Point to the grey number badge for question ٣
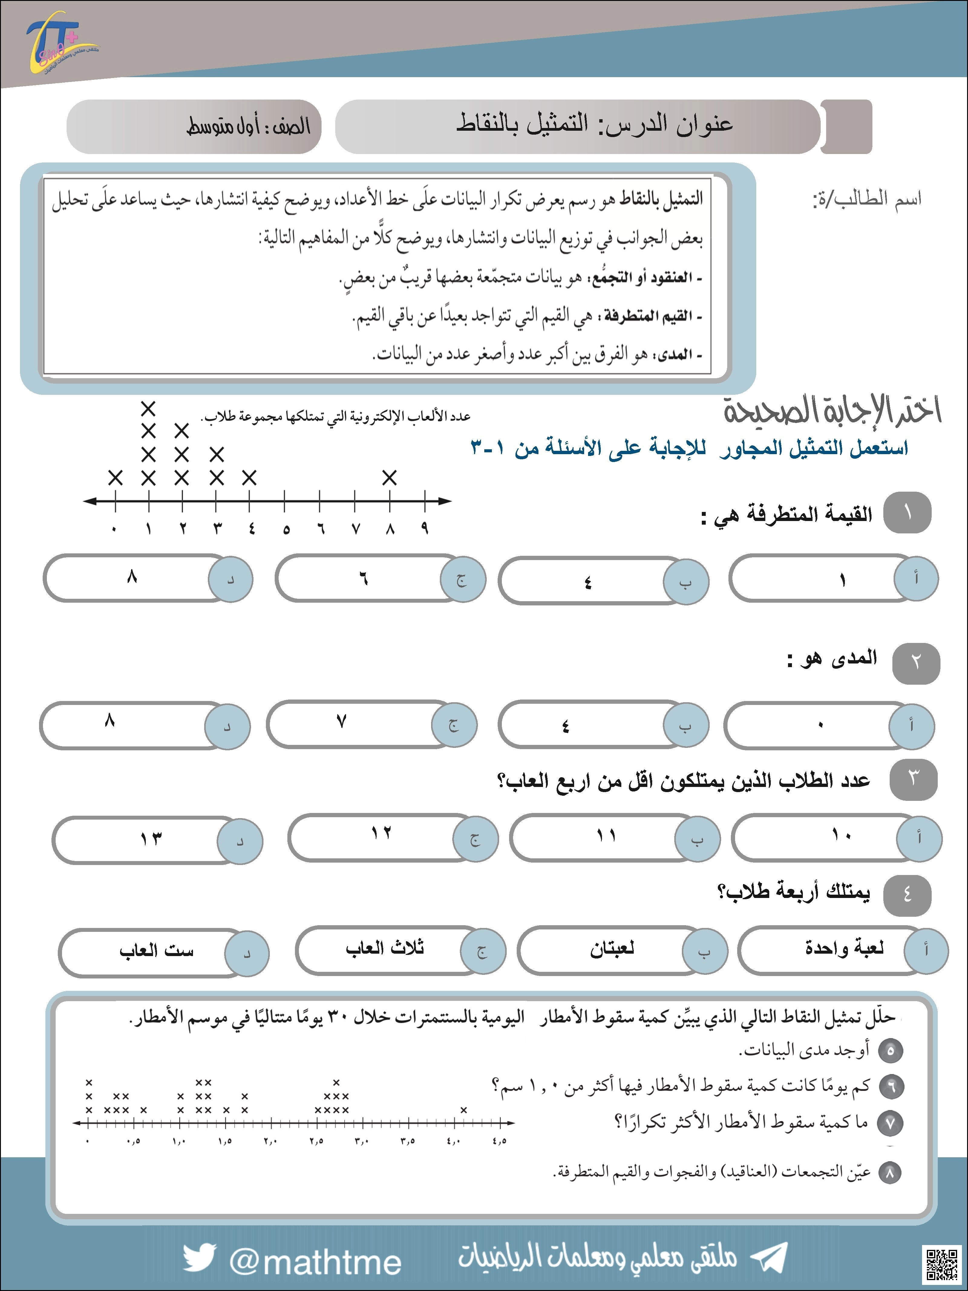[913, 778]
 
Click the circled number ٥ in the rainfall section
[890, 1050]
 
